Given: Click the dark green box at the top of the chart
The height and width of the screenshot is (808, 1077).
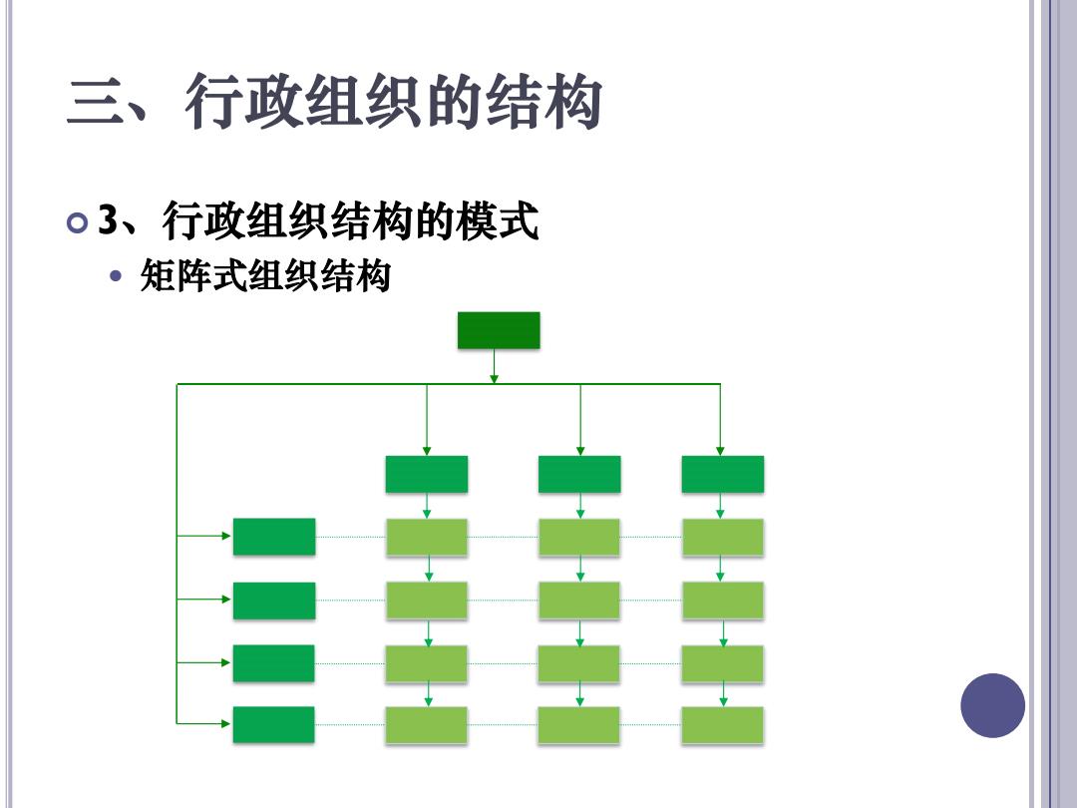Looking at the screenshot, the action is point(499,330).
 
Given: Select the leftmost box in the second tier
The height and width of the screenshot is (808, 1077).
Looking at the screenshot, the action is point(427,474).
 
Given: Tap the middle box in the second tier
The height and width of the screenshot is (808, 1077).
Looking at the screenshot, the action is point(579,474).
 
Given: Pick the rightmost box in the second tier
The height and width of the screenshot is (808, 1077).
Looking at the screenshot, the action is point(723,474).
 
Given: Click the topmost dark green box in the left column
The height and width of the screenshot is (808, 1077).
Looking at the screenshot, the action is point(274,537).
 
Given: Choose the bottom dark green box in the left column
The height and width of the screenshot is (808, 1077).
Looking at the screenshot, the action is point(273,724).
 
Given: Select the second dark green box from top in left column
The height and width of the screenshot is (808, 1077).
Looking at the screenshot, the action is point(274,601).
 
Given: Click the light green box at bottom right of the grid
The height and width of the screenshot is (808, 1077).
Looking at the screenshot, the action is point(723,725).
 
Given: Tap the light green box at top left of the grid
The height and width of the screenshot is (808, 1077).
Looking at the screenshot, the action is point(427,538).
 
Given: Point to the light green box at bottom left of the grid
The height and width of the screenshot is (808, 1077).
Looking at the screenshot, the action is point(426,725).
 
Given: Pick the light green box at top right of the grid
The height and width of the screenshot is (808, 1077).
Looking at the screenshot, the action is point(723,538).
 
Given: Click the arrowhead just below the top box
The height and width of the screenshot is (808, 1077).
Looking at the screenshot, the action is point(494,379).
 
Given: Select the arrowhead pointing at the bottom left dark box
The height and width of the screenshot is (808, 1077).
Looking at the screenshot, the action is point(226,723).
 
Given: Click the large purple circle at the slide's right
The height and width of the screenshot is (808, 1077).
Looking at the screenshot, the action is point(992,705).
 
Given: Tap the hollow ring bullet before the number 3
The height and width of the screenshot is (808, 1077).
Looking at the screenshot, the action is point(78,223).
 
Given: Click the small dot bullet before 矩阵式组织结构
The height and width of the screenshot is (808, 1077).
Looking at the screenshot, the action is point(116,276).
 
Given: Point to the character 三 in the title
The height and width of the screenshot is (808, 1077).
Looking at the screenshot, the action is point(96,103).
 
